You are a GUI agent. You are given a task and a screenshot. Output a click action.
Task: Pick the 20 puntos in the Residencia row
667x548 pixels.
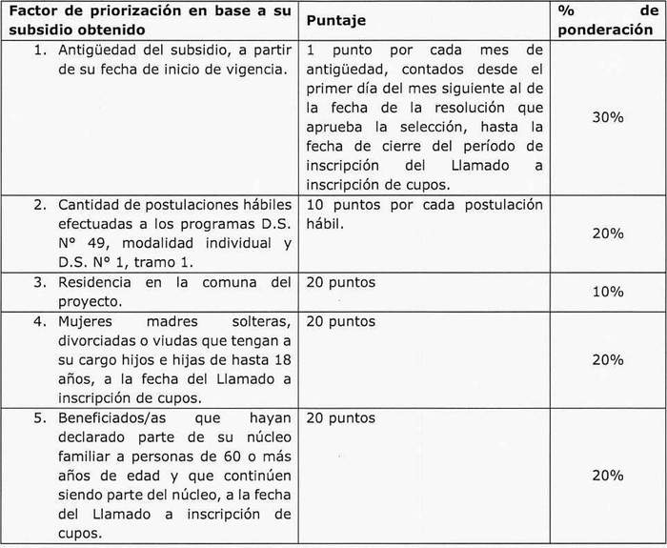[x=341, y=282]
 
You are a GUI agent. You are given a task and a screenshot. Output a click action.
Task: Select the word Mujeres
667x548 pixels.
[x=90, y=321]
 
